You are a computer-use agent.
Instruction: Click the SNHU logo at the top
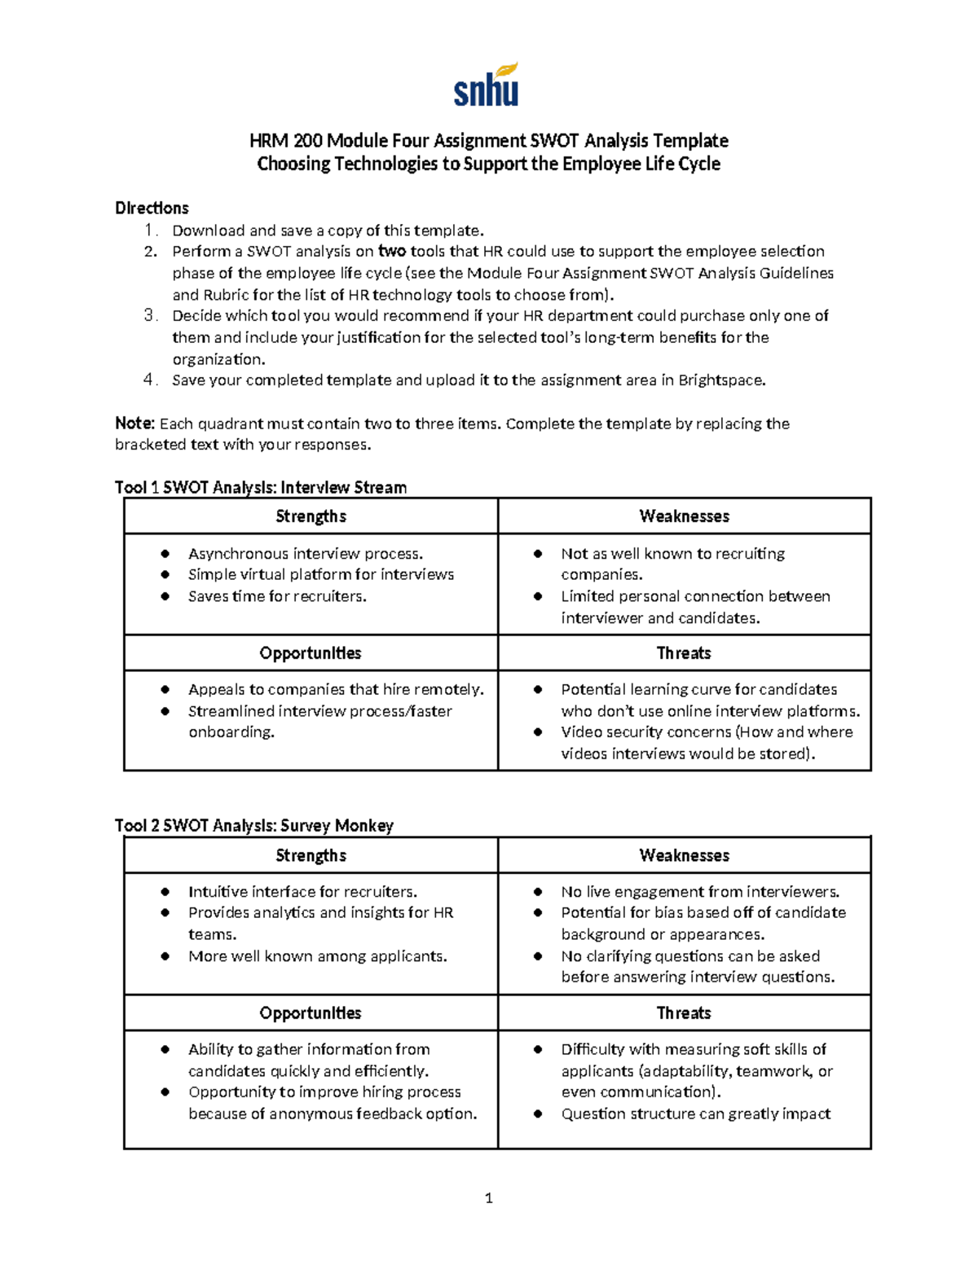tap(487, 86)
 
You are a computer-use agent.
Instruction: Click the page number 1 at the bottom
tap(488, 1197)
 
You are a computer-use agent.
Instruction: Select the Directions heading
tap(152, 208)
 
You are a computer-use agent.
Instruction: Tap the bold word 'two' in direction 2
tap(392, 251)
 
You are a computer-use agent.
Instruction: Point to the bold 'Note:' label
tap(134, 424)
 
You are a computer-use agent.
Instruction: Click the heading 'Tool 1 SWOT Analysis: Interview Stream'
tap(261, 487)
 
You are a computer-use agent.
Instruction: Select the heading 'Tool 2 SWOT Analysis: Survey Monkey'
tap(254, 825)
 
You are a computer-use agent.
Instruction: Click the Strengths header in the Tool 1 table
tap(311, 516)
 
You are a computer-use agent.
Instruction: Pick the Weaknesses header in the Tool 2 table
tap(684, 855)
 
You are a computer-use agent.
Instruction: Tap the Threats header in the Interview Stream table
tap(684, 653)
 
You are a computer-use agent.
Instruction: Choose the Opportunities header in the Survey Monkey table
tap(311, 1013)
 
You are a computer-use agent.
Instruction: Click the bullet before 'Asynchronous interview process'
tap(165, 554)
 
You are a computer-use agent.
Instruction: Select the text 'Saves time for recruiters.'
tap(277, 596)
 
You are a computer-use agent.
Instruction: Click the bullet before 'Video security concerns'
tap(538, 732)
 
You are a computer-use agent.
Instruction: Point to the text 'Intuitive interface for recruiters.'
tap(302, 892)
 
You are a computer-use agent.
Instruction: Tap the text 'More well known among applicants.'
tap(317, 956)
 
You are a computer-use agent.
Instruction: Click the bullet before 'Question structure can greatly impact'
tap(538, 1114)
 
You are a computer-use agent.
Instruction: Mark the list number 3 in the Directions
tap(150, 315)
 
